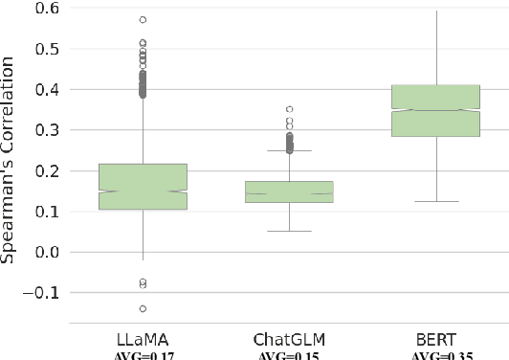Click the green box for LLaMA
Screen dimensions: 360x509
[143, 186]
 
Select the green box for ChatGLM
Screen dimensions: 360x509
[289, 191]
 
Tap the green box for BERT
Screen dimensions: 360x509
[435, 110]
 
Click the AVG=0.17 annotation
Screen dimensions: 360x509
[143, 354]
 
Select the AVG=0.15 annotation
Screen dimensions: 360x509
[289, 354]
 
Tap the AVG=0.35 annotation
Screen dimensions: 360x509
[435, 354]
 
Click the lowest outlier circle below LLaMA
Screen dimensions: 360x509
[143, 308]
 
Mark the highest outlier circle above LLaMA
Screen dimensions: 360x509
[143, 19]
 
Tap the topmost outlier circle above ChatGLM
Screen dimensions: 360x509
[289, 109]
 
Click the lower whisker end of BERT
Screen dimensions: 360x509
[435, 201]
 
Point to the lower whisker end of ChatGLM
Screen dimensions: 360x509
[289, 231]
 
